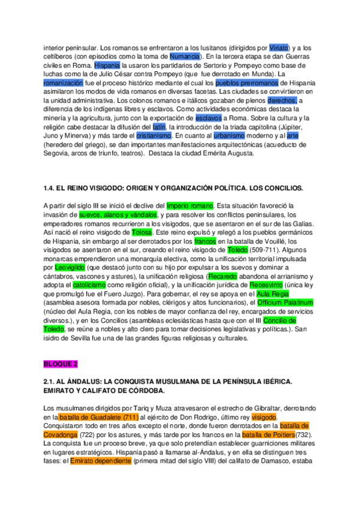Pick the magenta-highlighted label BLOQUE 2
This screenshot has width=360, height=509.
(x=61, y=364)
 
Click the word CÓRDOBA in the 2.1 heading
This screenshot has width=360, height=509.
(x=146, y=391)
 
